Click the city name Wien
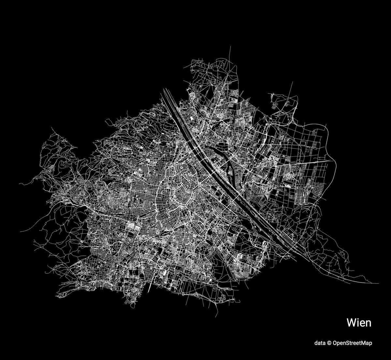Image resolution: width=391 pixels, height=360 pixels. tap(359, 323)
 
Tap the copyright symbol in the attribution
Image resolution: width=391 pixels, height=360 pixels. tap(329, 343)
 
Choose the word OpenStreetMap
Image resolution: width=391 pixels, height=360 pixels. tap(352, 343)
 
